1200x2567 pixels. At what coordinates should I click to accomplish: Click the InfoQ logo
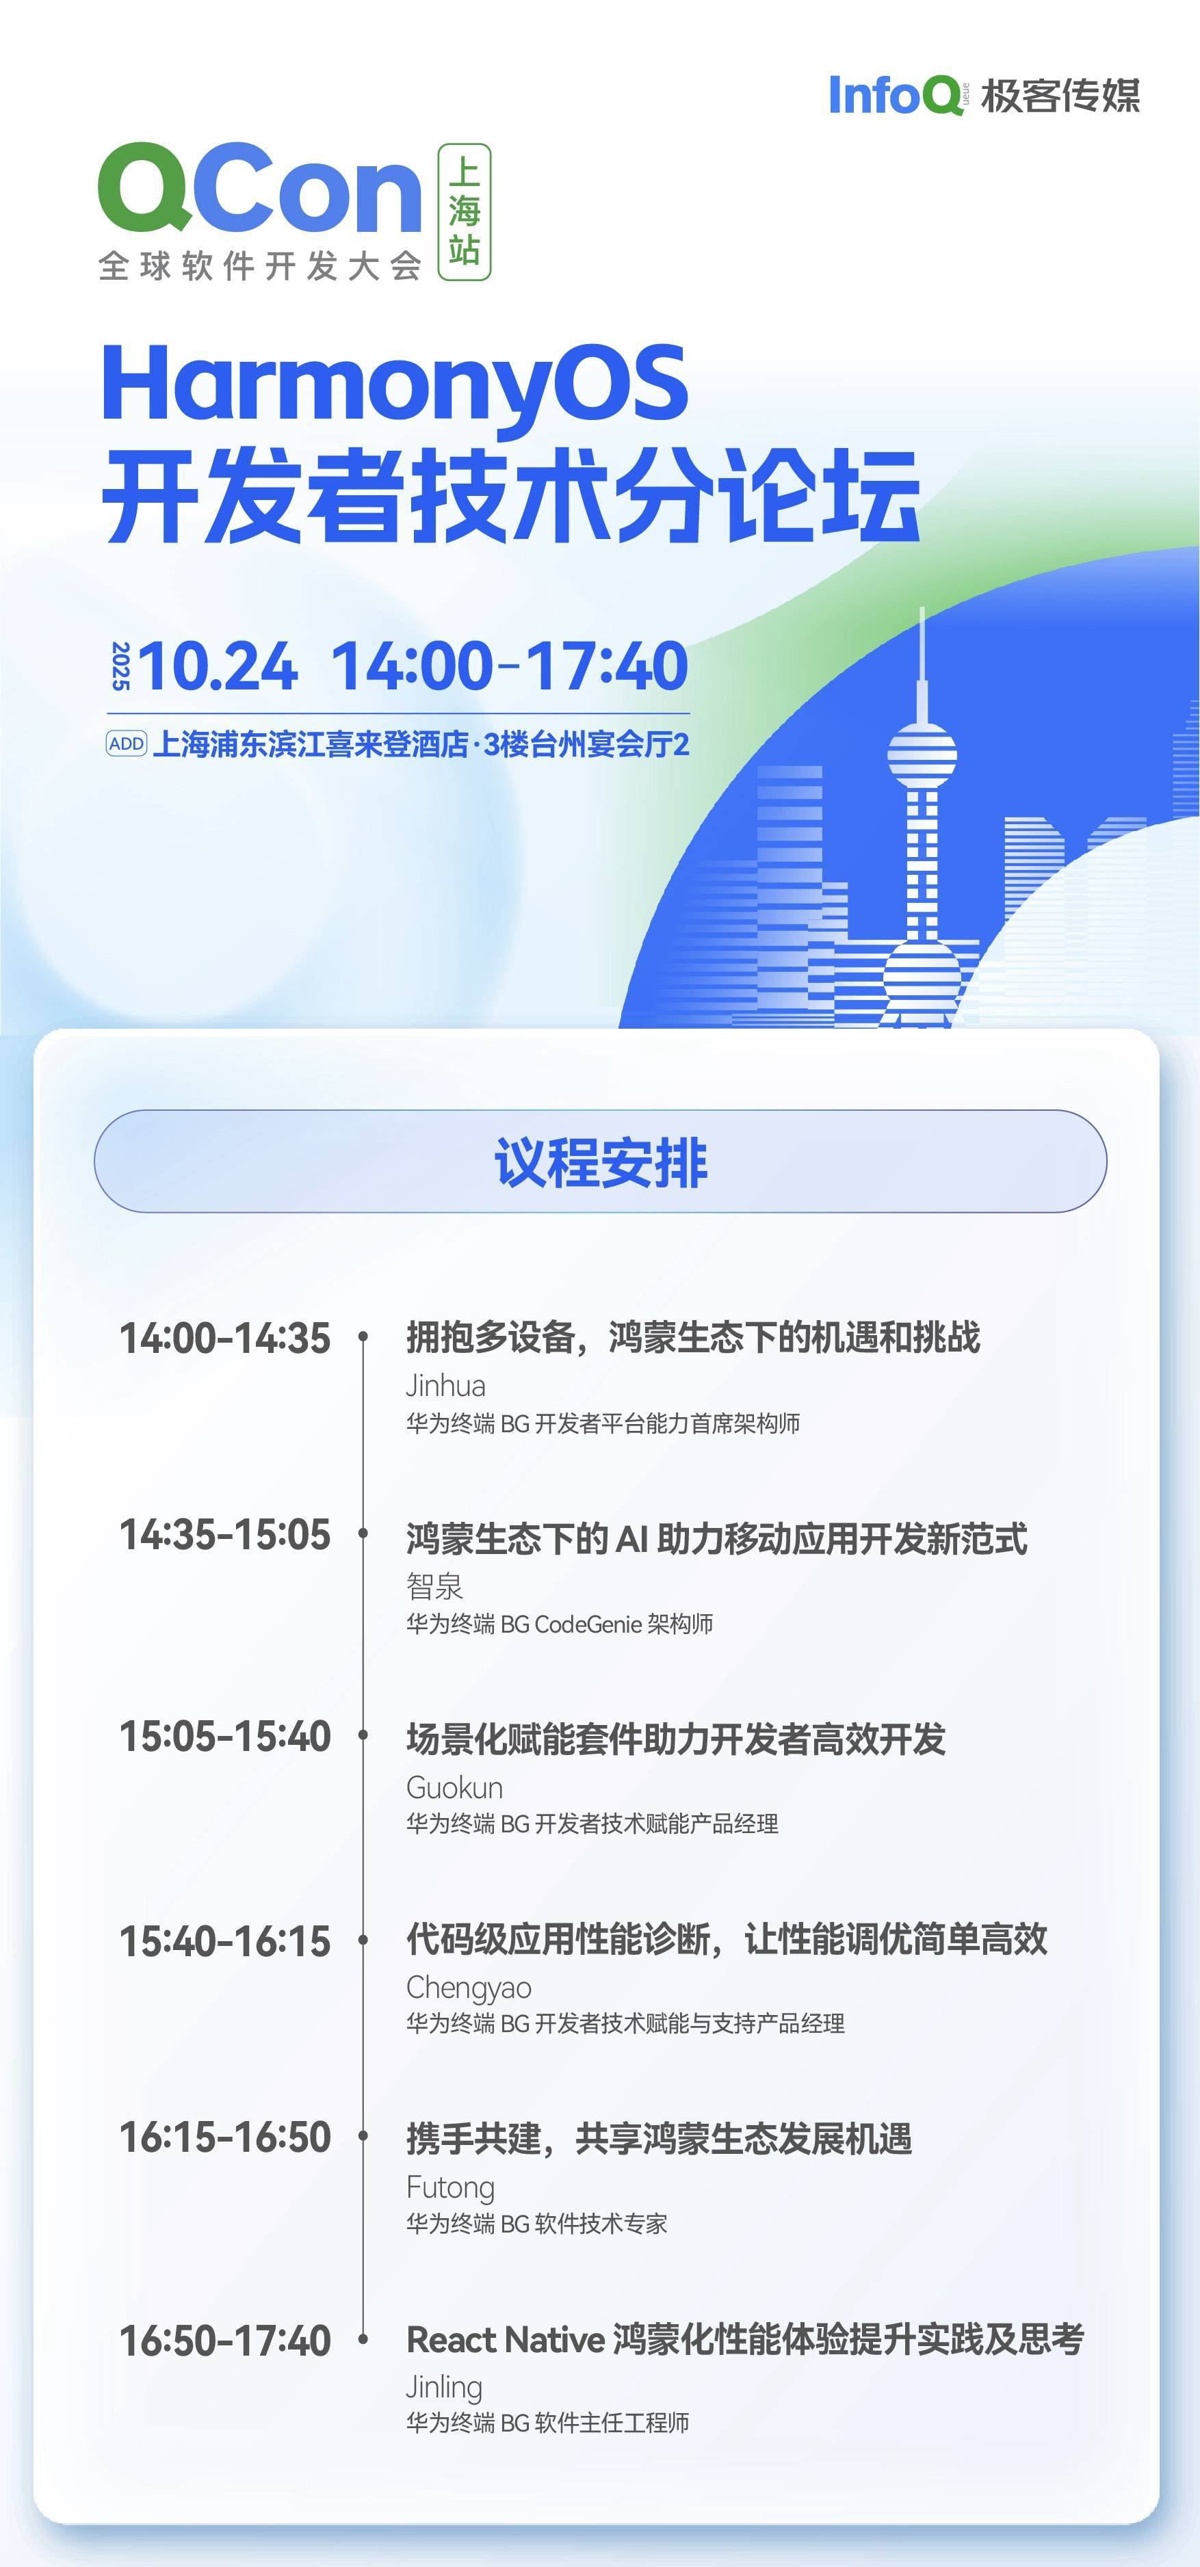(x=895, y=96)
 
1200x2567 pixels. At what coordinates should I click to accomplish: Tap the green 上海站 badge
(x=465, y=211)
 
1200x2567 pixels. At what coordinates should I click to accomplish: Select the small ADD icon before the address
(x=127, y=743)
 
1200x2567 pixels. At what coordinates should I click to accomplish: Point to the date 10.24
(x=218, y=666)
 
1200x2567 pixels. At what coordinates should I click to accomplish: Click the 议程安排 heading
(x=600, y=1162)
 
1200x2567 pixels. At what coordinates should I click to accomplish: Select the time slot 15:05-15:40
(x=224, y=1737)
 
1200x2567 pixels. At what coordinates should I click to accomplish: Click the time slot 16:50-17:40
(x=224, y=2341)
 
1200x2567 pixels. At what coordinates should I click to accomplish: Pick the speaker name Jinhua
(x=445, y=1386)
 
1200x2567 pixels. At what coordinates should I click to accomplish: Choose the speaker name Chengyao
(x=469, y=1988)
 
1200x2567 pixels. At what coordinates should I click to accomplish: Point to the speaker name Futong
(x=450, y=2187)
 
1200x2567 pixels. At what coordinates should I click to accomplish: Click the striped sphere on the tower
(x=922, y=754)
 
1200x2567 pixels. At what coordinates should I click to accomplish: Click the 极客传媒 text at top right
(x=1060, y=96)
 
